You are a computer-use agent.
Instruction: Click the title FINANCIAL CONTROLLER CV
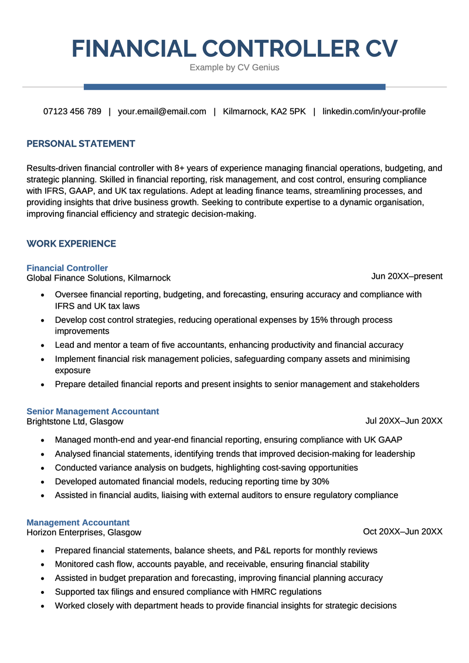(x=235, y=48)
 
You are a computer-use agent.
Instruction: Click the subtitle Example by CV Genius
(x=235, y=67)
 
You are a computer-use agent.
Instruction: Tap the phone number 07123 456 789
(x=72, y=111)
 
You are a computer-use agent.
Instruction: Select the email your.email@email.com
(x=162, y=111)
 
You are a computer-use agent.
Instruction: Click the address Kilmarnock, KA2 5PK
(x=264, y=111)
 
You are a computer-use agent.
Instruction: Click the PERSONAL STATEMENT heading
(x=81, y=143)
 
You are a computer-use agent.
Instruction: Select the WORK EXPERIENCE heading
(x=72, y=244)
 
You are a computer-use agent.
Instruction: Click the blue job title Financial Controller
(x=67, y=268)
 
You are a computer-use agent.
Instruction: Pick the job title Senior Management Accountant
(x=93, y=411)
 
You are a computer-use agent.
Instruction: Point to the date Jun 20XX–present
(x=407, y=276)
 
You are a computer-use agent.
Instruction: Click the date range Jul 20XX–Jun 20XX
(x=404, y=421)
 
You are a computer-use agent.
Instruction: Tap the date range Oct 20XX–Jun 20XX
(x=403, y=531)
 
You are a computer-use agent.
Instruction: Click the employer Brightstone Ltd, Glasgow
(x=75, y=421)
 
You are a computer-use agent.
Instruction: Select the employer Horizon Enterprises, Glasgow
(x=84, y=532)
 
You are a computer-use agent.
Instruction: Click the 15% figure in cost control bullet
(x=320, y=320)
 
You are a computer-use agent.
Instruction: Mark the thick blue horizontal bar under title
(x=235, y=87)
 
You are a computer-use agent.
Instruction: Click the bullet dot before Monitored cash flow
(x=42, y=565)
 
